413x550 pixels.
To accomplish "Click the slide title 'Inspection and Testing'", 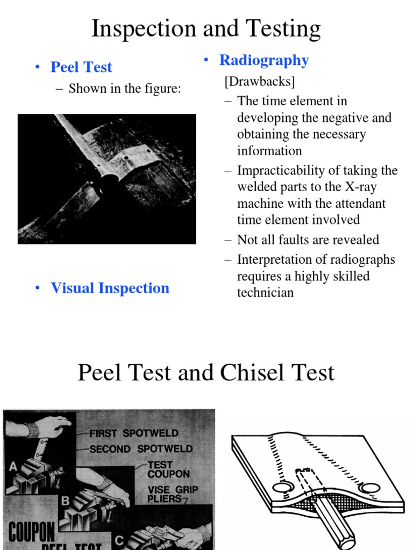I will (206, 28).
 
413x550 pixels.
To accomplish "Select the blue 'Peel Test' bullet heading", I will (81, 67).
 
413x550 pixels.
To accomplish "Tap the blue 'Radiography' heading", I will (264, 60).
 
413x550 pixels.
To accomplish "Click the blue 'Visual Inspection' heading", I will (110, 288).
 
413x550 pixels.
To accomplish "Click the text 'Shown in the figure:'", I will (124, 88).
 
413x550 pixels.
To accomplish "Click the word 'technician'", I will (265, 292).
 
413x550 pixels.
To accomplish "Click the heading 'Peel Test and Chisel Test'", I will (206, 373).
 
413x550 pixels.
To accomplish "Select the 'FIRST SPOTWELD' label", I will (134, 433).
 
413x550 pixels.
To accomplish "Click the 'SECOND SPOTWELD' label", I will (140, 448).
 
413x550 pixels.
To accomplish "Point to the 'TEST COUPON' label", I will (168, 469).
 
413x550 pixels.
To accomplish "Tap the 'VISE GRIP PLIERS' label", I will (173, 495).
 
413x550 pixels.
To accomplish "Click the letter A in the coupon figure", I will (13, 467).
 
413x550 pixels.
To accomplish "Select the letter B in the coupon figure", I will (65, 501).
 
